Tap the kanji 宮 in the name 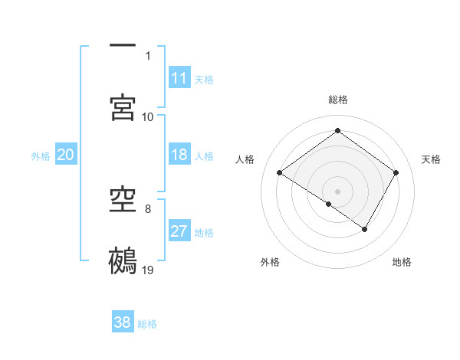123,106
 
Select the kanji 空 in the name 123,201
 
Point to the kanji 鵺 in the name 123,260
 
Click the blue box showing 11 179,78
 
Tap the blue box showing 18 179,155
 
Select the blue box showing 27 179,231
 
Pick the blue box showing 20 66,155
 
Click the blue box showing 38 123,322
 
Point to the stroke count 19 149,270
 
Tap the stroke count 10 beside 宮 148,116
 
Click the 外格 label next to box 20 41,155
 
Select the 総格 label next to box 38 147,323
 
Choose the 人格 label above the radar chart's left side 245,159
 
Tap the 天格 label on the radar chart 431,159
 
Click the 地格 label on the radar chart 402,262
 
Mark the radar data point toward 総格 337,131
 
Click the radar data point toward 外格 329,204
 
